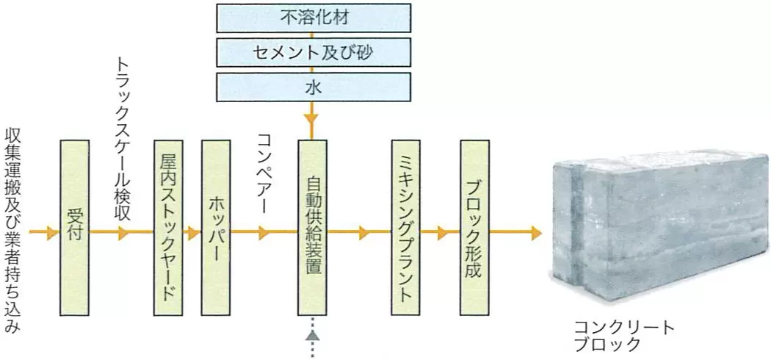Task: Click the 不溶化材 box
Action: (314, 17)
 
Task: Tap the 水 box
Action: (314, 87)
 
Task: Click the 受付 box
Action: (74, 228)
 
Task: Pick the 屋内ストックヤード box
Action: (169, 228)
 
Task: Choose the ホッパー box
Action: (216, 228)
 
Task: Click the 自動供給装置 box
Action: (312, 228)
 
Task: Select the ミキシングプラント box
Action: (406, 228)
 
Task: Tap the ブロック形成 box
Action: (474, 228)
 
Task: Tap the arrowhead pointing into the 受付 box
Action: (51, 234)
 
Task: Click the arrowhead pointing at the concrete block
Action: (535, 234)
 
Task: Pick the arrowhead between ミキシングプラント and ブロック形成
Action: (443, 234)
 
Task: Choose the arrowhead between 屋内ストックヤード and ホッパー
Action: (194, 234)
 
